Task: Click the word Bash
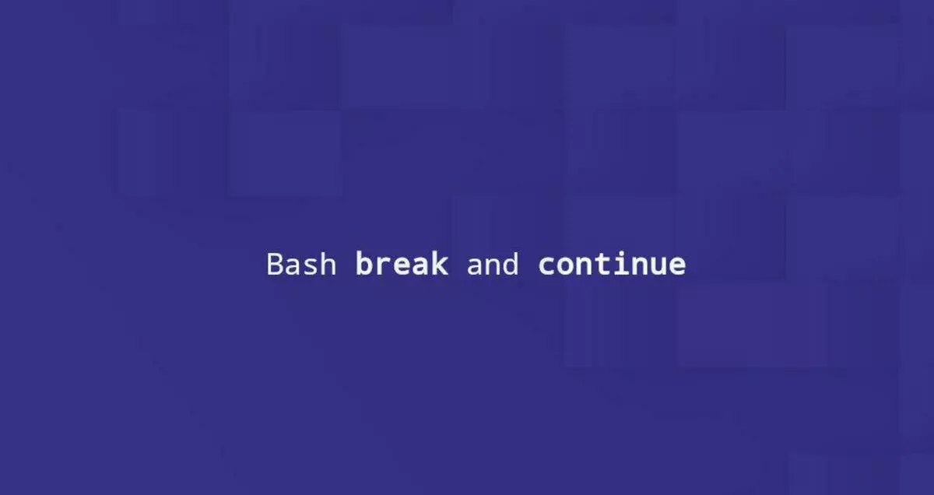coord(301,264)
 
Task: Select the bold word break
coord(402,263)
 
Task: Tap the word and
coord(493,264)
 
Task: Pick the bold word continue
coord(612,263)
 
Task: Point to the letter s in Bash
coord(311,267)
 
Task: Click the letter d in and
coord(511,264)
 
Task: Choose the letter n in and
coord(493,266)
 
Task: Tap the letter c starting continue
coord(546,266)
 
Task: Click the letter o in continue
coord(565,266)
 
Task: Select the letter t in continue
coord(602,265)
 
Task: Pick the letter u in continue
coord(658,267)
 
